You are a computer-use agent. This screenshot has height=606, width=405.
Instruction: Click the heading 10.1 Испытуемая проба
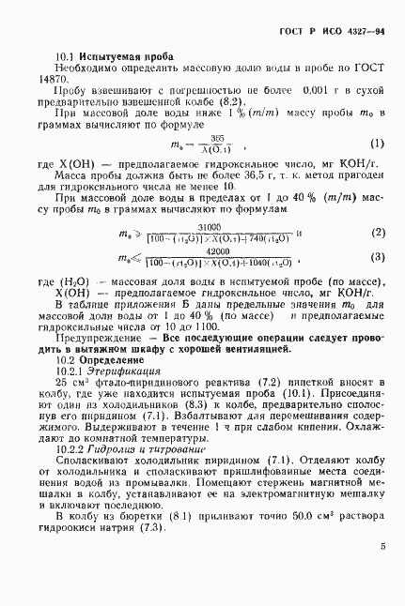click(103, 56)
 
